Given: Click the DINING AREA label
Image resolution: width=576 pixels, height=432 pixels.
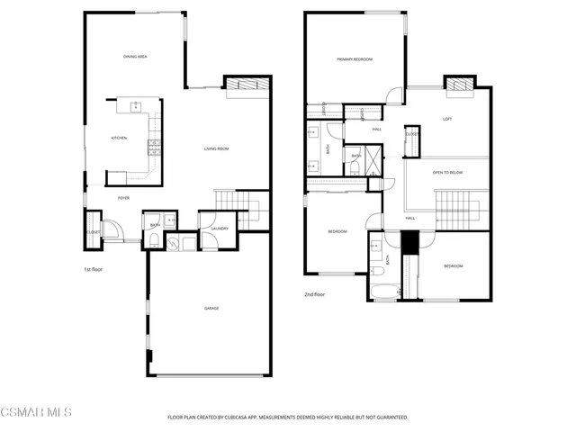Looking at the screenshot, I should pos(135,57).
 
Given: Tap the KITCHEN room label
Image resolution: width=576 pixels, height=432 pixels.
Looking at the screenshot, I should pos(119,138).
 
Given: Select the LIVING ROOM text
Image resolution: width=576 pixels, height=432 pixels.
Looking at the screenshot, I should pos(216,148).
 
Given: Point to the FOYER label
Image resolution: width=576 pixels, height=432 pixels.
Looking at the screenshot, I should pos(124,198).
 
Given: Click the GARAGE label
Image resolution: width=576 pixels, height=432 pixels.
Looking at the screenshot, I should pos(211,309).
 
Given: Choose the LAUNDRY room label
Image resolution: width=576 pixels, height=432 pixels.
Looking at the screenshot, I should pos(220,228).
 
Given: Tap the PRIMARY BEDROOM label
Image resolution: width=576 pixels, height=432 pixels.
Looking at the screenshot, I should pos(355,59).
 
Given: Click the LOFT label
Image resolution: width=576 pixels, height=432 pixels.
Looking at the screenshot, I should pos(447,119).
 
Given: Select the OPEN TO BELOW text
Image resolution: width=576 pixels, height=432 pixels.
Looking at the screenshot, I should pos(447,172).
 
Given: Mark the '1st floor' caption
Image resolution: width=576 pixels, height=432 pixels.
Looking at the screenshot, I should pos(94,269).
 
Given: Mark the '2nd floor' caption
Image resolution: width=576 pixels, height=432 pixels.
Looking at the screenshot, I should pos(314,294).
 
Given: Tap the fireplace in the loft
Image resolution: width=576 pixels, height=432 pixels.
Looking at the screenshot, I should pos(460,86).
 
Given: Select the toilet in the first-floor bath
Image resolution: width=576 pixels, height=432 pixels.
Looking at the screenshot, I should pos(154,238).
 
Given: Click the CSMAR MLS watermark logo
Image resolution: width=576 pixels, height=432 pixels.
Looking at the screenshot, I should pos(36,412).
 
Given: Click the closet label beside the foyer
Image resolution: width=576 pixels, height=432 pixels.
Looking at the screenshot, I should pos(94,232).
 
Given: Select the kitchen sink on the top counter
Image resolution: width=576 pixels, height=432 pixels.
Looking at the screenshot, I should pos(135,105).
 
